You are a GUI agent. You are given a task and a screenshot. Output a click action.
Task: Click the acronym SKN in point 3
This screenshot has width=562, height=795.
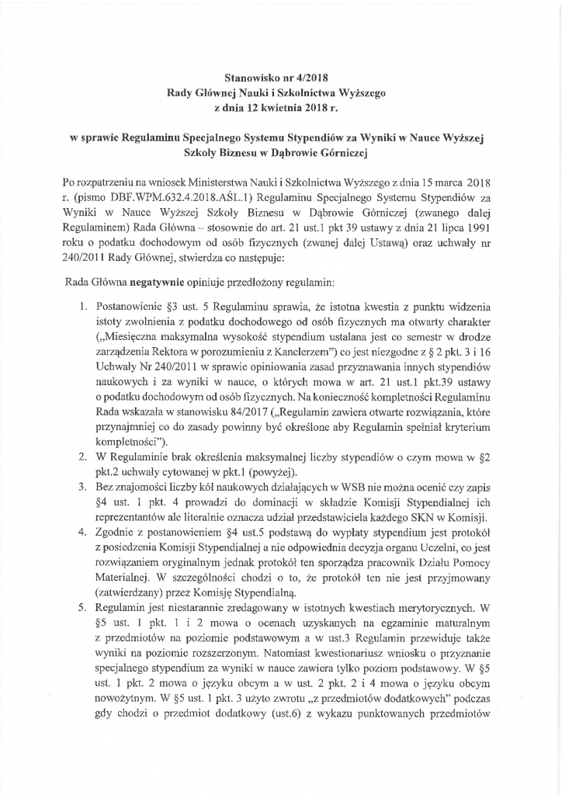(x=435, y=519)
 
